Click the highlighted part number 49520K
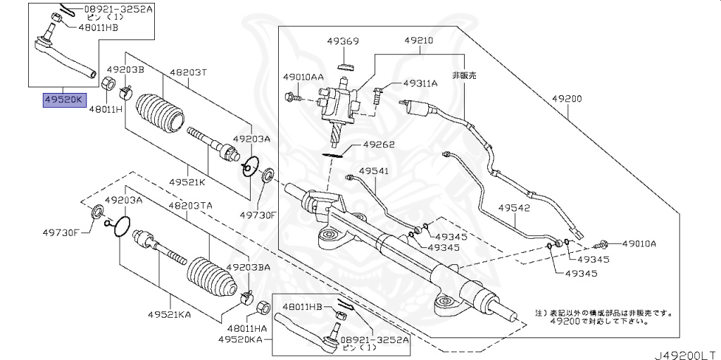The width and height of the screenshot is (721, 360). [x=63, y=101]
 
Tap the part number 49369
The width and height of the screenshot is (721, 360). [x=343, y=42]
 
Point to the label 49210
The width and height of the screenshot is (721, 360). [x=420, y=42]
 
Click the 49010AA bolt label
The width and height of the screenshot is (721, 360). [x=303, y=76]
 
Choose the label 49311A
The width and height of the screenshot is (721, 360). [x=420, y=83]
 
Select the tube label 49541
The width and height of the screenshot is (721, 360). [x=372, y=170]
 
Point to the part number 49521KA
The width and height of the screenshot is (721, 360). [x=170, y=314]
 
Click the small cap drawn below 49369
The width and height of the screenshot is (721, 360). [x=344, y=68]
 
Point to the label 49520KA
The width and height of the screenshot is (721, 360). [x=240, y=339]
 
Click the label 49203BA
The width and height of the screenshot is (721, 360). [x=246, y=268]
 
